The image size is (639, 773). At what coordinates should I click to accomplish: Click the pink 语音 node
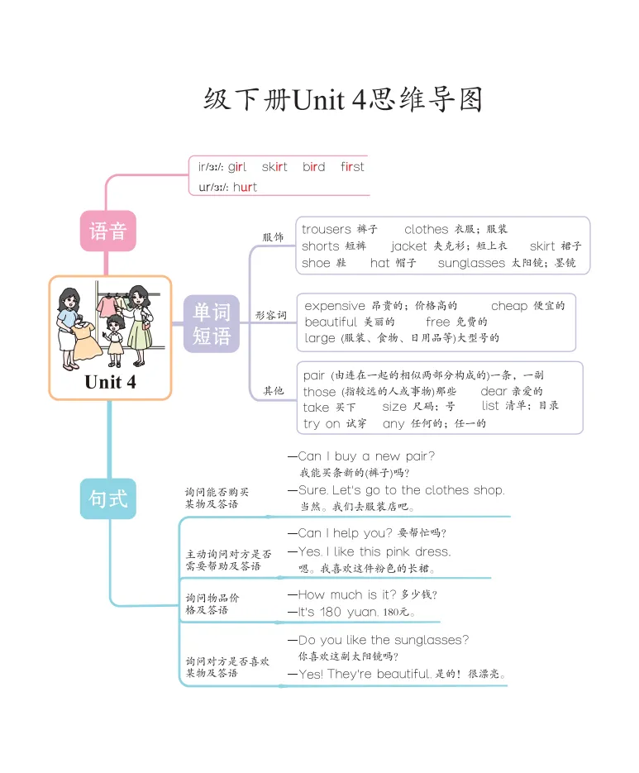pyautogui.click(x=107, y=231)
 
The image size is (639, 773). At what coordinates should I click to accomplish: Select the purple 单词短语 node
pyautogui.click(x=211, y=323)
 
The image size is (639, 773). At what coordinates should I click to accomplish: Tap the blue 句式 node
pyautogui.click(x=107, y=499)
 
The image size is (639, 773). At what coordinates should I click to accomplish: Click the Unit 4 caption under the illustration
pyautogui.click(x=110, y=382)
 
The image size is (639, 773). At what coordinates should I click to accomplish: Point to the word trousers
pyautogui.click(x=326, y=229)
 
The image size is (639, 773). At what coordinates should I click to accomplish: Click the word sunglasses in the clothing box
pyautogui.click(x=471, y=263)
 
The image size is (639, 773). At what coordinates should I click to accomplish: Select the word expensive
pyautogui.click(x=335, y=306)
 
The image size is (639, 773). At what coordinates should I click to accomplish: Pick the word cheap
pyautogui.click(x=508, y=306)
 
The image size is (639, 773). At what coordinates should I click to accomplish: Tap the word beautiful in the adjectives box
pyautogui.click(x=331, y=322)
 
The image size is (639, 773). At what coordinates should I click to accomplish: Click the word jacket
pyautogui.click(x=409, y=246)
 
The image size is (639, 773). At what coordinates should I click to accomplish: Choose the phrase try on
pyautogui.click(x=322, y=423)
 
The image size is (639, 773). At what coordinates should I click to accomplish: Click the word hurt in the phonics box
pyautogui.click(x=245, y=187)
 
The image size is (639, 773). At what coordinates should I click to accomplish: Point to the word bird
pyautogui.click(x=313, y=167)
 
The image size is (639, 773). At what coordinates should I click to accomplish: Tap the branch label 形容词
pyautogui.click(x=271, y=315)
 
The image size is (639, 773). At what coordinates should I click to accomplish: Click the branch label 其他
pyautogui.click(x=273, y=390)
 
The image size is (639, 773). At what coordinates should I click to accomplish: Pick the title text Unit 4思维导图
pyautogui.click(x=343, y=100)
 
